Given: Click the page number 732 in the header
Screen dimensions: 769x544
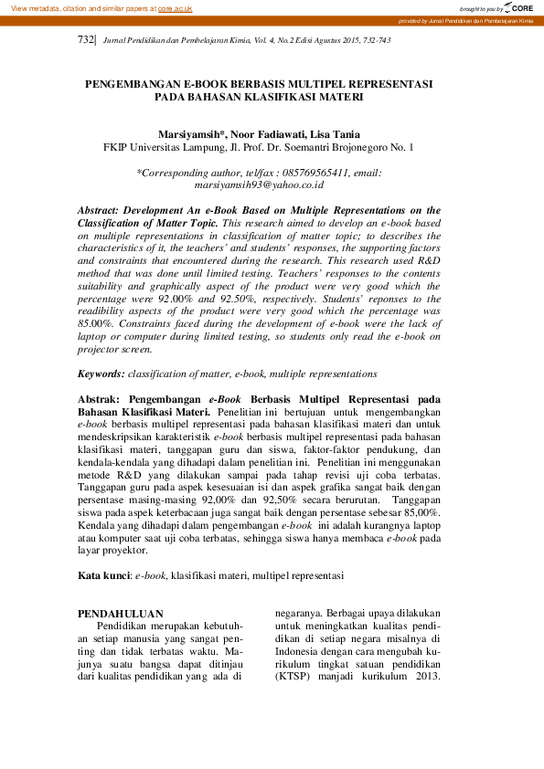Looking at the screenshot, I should click(86, 41).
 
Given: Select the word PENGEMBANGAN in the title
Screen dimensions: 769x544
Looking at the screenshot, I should click(133, 83).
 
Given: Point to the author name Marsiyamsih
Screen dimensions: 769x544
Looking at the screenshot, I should click(191, 133).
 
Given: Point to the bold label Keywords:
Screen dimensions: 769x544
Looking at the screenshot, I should click(101, 374).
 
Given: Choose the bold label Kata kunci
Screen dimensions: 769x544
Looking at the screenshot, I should click(103, 575).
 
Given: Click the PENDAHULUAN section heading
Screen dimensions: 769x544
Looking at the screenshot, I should click(121, 614).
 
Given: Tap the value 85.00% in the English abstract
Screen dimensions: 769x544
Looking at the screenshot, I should click(97, 323).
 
